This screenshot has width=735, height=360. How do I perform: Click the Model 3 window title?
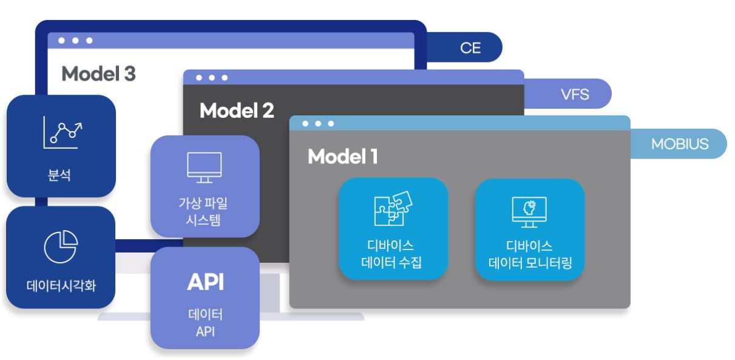[98, 73]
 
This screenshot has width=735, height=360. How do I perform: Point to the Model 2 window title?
[237, 110]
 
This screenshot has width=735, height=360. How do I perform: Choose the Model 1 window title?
[343, 157]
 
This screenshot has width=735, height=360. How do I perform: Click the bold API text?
[204, 282]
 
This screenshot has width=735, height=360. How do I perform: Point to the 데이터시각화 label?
[61, 287]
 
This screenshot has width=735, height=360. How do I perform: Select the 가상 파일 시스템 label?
[204, 211]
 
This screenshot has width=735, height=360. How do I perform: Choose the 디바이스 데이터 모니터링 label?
[529, 255]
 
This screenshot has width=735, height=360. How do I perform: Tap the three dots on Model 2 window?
[212, 78]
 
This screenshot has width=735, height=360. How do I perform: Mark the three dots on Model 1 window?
[319, 123]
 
